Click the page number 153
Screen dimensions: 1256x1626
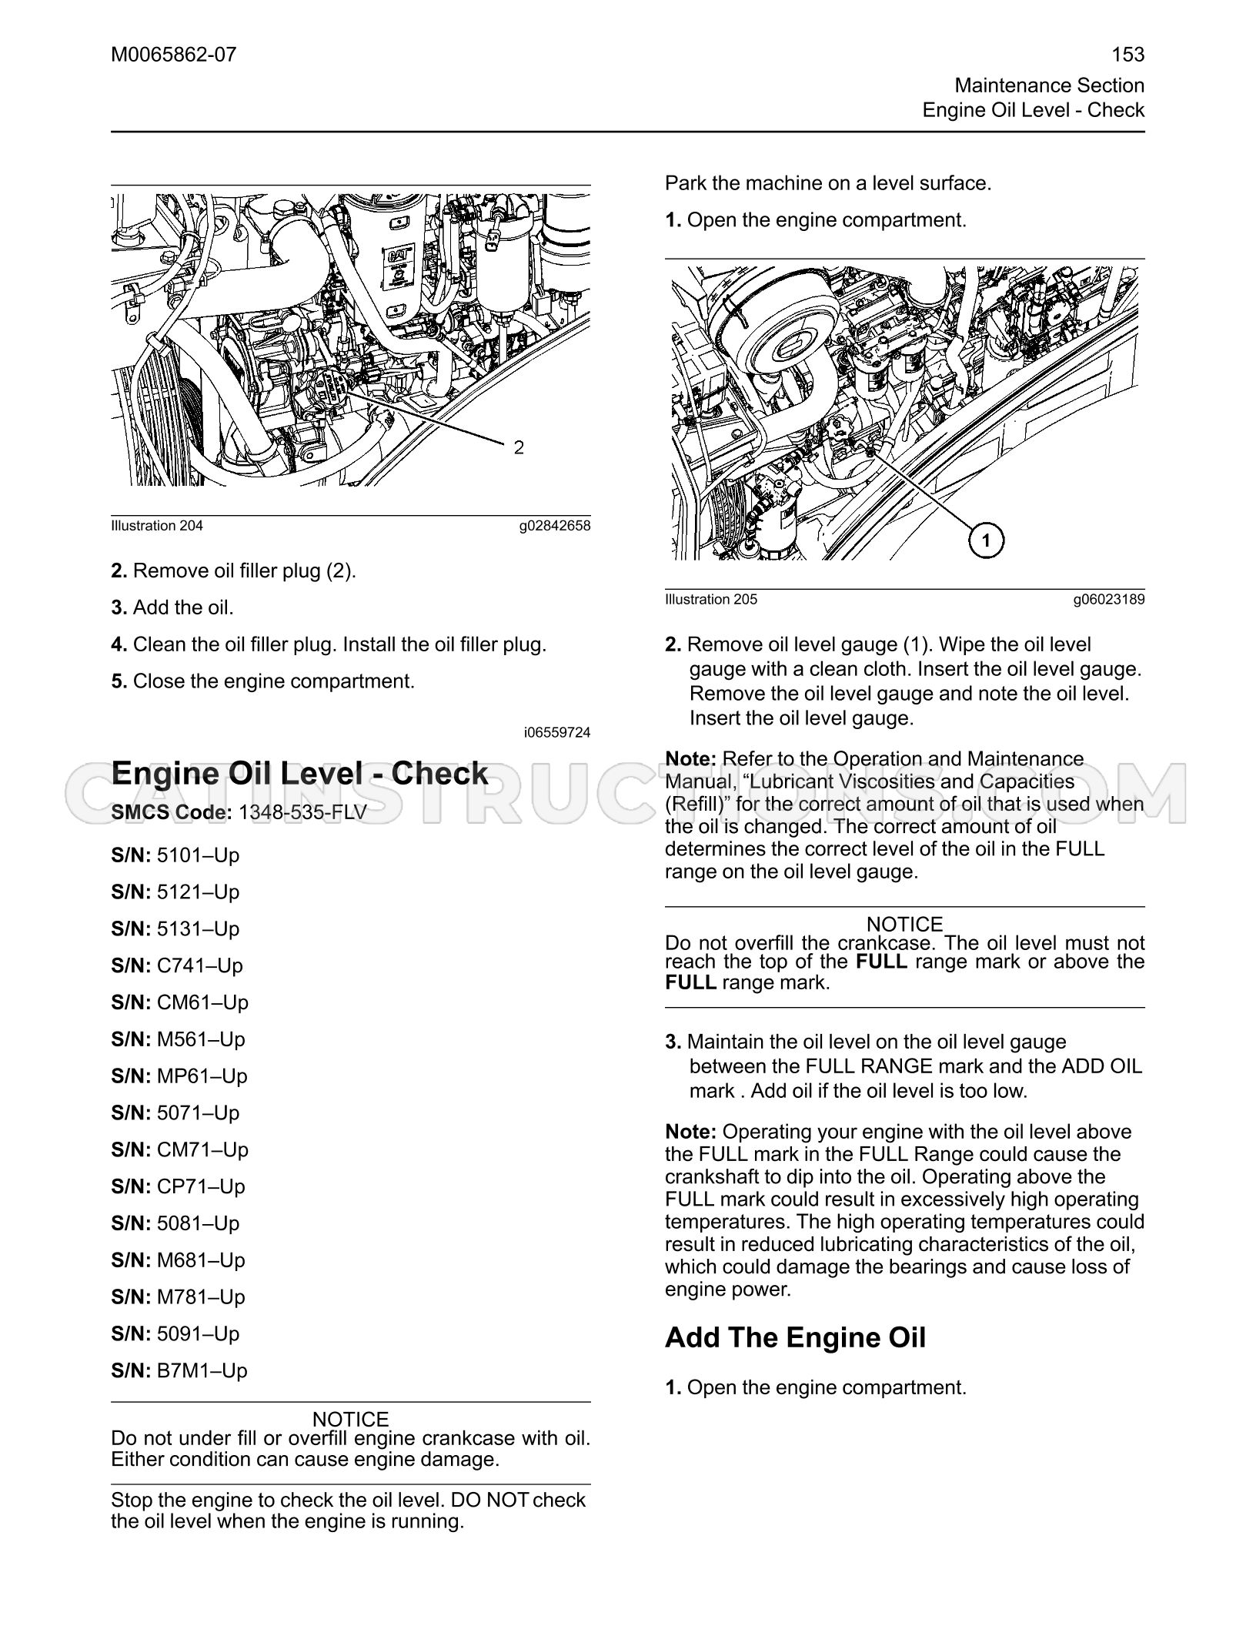coord(1128,55)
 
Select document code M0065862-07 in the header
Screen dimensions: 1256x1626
coord(174,55)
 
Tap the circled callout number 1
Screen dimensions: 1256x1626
coord(987,541)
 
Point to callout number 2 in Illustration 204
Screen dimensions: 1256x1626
coord(519,447)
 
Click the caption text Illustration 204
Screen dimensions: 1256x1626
coord(157,526)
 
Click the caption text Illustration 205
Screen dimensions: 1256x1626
coord(711,599)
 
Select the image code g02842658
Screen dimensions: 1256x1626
coord(554,527)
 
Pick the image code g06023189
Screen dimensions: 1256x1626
coord(1109,600)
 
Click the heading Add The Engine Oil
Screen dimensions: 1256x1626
coord(795,1337)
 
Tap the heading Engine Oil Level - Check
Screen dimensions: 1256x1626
coord(299,774)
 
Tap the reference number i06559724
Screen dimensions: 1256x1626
coord(557,732)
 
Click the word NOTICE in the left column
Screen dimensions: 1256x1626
coord(351,1419)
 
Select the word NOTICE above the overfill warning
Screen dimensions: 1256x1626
coord(905,924)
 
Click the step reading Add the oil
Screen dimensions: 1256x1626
coord(172,607)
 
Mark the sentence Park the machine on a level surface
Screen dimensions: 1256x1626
coord(828,183)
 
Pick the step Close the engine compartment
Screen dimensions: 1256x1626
coord(263,681)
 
